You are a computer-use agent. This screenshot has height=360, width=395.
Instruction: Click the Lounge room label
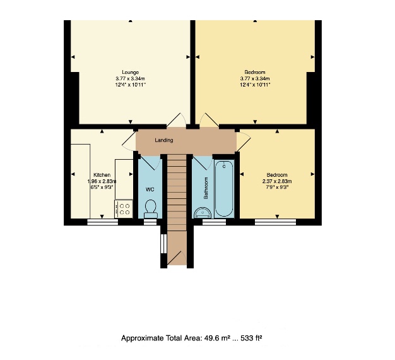[130, 73]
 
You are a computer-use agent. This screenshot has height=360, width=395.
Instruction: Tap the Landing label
[164, 140]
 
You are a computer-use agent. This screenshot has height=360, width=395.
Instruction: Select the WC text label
[150, 189]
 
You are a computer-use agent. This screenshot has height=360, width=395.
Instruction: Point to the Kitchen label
[102, 175]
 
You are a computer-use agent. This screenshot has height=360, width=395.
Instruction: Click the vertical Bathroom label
[206, 188]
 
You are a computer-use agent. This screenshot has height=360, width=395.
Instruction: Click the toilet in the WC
[151, 209]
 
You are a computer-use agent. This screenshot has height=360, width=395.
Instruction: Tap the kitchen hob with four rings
[124, 209]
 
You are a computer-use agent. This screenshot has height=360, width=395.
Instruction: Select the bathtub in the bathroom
[224, 188]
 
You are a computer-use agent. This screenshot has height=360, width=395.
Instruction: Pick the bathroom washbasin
[203, 213]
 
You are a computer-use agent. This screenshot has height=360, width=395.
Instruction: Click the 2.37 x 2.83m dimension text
[277, 181]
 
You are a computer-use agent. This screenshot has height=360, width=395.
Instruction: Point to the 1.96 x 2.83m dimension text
[102, 181]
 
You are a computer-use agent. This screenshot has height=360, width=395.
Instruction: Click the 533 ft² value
[251, 338]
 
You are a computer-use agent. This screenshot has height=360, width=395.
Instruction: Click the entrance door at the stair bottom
[177, 258]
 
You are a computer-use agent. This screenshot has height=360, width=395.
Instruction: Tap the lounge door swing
[176, 120]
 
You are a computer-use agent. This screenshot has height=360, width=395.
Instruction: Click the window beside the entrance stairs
[164, 244]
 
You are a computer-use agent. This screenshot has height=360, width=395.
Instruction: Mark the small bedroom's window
[275, 222]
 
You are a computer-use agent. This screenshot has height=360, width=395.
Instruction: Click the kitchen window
[102, 222]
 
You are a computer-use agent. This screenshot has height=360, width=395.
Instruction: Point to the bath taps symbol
[224, 165]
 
